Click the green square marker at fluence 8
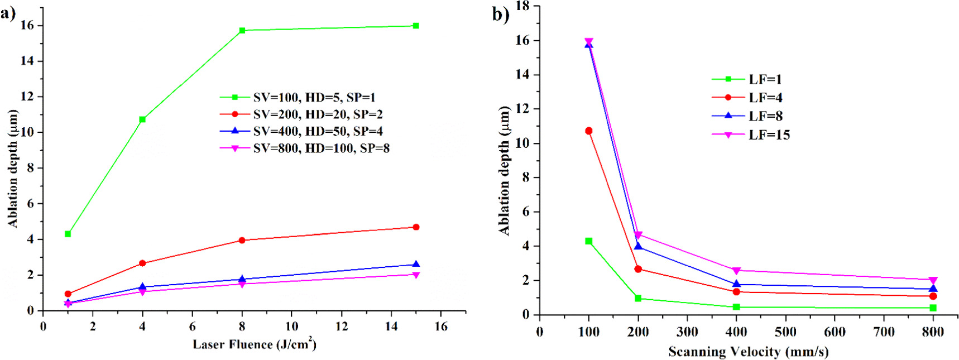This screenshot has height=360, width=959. coord(242,30)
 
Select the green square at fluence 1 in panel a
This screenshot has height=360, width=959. coord(68,234)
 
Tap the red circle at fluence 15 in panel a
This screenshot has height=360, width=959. coord(416,227)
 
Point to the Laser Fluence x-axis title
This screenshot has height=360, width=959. coord(255,344)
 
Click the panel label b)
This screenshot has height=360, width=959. coord(500,14)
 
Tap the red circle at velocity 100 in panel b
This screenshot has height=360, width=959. coord(588,131)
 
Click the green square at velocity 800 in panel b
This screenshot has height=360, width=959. coord(933,308)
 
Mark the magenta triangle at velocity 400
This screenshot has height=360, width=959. coord(736,271)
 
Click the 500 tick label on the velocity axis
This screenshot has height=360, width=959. coord(785,332)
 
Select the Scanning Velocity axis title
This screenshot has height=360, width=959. coord(748,352)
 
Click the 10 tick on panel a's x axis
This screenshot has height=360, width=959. coord(292,327)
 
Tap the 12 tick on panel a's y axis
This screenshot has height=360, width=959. coord(27,97)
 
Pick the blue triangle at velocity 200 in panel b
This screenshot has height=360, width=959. coord(638,246)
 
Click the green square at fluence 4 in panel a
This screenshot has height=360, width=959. coord(142,119)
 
